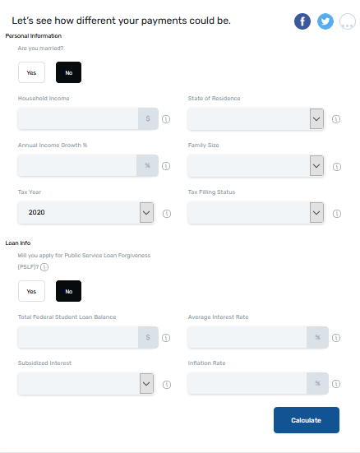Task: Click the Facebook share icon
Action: tap(302, 21)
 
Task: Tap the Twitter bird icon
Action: tap(325, 21)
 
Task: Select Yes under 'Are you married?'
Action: tap(31, 72)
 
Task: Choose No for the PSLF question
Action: tap(68, 291)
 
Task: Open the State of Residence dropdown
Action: tap(256, 118)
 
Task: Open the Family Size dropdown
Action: tap(256, 165)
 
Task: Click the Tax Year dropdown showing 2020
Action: tap(85, 212)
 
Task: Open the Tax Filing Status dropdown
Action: tap(256, 212)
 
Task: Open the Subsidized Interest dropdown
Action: tap(85, 384)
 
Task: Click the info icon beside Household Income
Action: tap(166, 119)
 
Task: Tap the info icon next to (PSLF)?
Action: tap(44, 267)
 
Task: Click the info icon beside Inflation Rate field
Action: tap(336, 384)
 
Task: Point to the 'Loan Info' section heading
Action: tap(18, 243)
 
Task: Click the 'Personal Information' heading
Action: tap(34, 36)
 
